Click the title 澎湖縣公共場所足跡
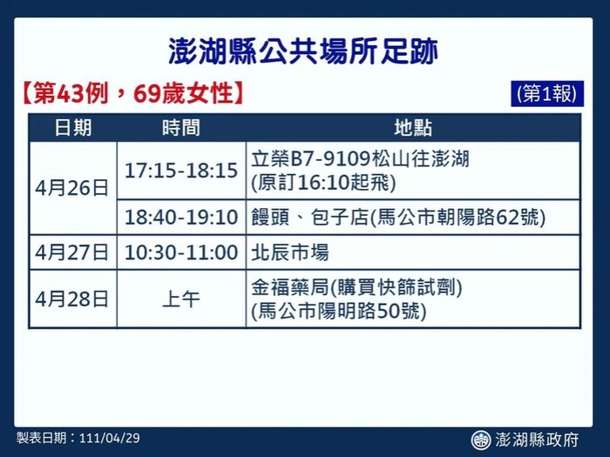click(303, 50)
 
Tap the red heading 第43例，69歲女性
click(133, 94)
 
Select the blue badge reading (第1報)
click(547, 94)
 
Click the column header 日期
click(73, 127)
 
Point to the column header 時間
click(181, 127)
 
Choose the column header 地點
click(413, 127)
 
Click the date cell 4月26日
click(72, 188)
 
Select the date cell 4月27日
click(72, 252)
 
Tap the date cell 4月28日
click(72, 299)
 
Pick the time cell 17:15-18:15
click(181, 171)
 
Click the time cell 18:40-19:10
click(181, 217)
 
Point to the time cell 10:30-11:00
click(181, 252)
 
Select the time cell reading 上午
click(181, 299)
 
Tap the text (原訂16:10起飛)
click(323, 183)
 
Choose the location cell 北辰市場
click(290, 252)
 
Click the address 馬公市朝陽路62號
click(457, 217)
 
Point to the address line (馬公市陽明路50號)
click(339, 312)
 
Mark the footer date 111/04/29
click(109, 438)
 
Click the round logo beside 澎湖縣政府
click(481, 440)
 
